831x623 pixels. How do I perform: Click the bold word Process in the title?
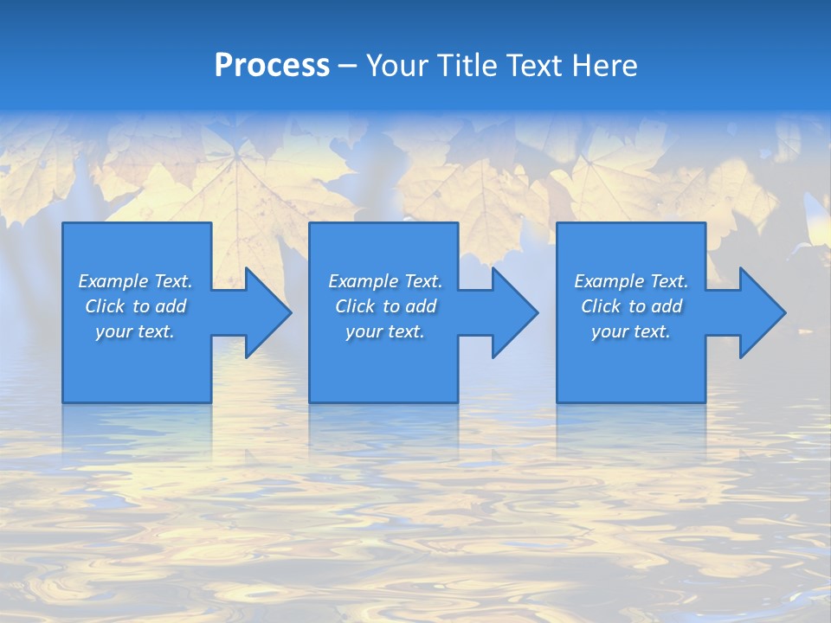(272, 66)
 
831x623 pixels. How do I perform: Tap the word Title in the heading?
(465, 66)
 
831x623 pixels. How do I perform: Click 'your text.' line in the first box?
(135, 331)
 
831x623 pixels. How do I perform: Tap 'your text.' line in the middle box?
(384, 331)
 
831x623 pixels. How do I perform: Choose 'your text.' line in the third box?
(630, 331)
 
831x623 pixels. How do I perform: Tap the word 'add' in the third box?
(667, 306)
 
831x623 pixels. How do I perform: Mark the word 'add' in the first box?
(171, 306)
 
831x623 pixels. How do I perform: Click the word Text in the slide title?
(534, 66)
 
